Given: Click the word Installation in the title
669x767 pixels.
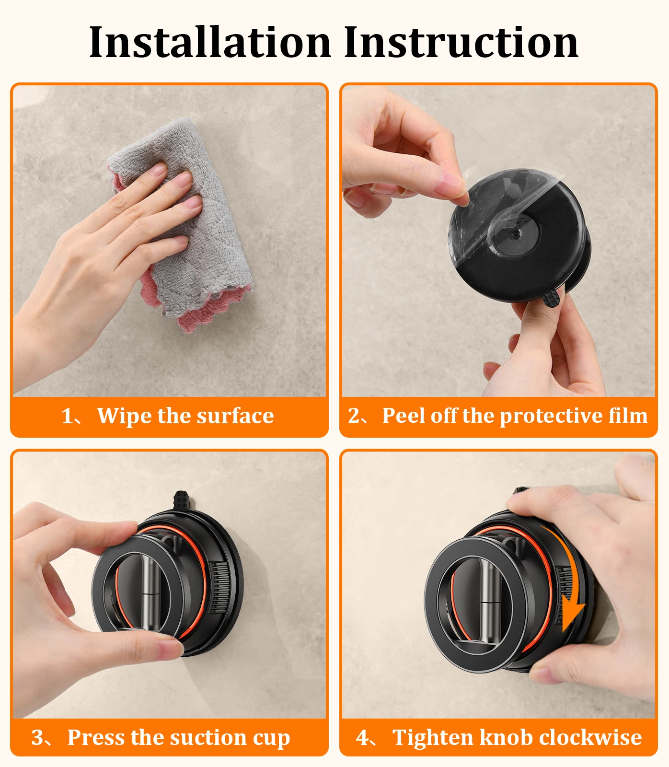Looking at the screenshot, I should (x=210, y=43).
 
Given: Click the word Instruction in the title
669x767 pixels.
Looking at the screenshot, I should (x=461, y=43).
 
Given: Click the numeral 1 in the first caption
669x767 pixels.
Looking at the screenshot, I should (x=68, y=416).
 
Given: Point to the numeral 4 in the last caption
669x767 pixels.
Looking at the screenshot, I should (x=362, y=738).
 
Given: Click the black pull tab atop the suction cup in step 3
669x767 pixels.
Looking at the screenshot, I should (x=182, y=501).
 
